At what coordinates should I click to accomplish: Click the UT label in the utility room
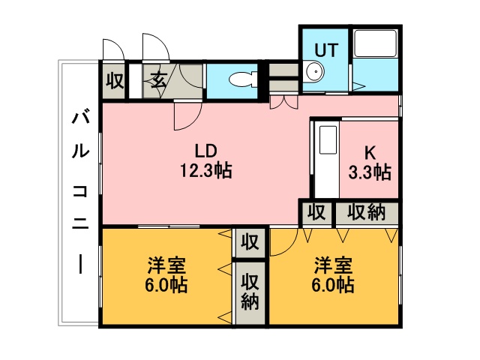click(x=326, y=50)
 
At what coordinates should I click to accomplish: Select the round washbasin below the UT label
click(x=314, y=73)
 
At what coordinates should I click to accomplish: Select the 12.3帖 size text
click(x=205, y=171)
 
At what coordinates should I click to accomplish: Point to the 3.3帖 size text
click(x=369, y=172)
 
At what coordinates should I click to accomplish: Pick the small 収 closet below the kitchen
click(x=316, y=213)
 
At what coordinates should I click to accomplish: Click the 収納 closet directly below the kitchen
click(x=367, y=213)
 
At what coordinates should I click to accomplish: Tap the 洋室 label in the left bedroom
click(x=166, y=265)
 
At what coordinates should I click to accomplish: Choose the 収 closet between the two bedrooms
click(x=250, y=243)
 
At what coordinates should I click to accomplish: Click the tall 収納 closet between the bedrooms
click(x=250, y=292)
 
